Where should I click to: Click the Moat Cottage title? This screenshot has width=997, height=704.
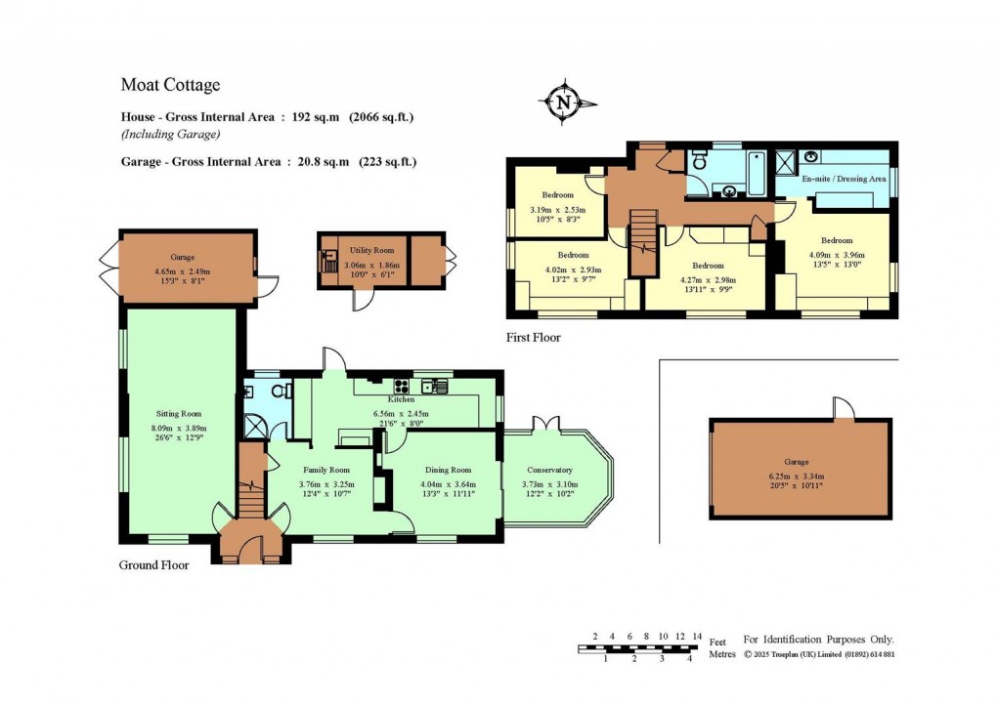[x=170, y=85]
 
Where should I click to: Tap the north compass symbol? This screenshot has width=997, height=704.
[x=565, y=102]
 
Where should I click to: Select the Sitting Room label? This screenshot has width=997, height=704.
[x=179, y=414]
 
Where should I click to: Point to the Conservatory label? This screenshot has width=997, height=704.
[x=549, y=471]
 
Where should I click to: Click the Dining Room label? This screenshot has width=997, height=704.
[x=449, y=471]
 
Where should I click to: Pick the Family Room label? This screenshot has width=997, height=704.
[x=326, y=471]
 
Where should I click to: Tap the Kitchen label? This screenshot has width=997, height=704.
[x=401, y=399]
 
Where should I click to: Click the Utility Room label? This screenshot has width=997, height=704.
[x=372, y=250]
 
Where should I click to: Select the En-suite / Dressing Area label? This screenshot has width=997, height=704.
[x=844, y=179]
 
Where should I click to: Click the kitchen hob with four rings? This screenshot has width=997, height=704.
[x=401, y=385]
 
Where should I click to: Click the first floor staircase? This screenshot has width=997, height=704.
[x=643, y=243]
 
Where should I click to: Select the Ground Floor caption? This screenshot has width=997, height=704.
[x=153, y=564]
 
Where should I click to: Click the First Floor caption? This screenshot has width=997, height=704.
[x=534, y=338]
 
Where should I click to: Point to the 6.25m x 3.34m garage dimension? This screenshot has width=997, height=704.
[x=796, y=476]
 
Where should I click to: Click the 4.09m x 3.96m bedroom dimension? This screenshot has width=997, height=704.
[x=837, y=255]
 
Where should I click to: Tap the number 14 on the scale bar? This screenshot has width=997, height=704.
[x=698, y=636]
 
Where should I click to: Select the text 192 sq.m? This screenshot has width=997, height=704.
[x=316, y=117]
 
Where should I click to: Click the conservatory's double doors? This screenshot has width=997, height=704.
[x=545, y=424]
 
